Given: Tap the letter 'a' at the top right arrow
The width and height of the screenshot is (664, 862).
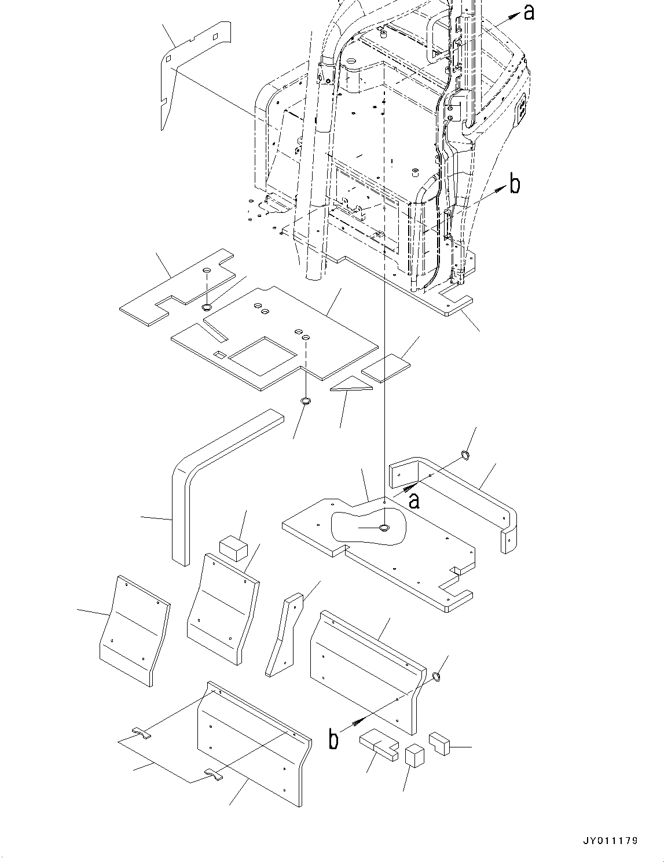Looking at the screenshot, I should tap(529, 12).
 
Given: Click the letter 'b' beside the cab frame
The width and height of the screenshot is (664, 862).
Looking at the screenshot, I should tap(514, 185).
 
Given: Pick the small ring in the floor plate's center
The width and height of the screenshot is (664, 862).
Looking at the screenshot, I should tap(384, 528).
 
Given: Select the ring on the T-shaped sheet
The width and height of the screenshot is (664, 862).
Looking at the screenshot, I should tap(207, 307).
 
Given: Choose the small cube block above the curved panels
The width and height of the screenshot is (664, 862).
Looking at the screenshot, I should tap(233, 547).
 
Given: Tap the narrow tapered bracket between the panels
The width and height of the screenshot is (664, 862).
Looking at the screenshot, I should tap(284, 636).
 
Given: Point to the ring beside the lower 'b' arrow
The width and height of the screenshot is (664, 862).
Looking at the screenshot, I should tap(438, 676).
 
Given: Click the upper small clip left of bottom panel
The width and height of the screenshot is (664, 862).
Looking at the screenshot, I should tap(141, 734).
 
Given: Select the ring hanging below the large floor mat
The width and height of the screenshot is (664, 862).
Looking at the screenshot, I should tap(306, 401).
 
